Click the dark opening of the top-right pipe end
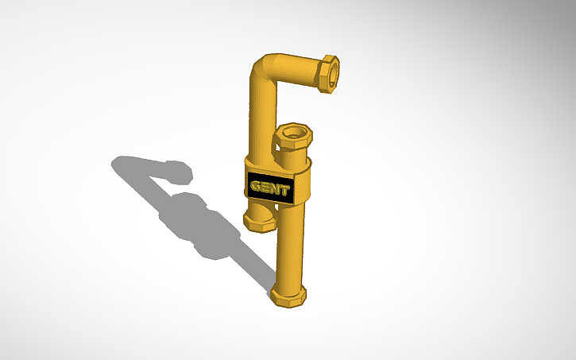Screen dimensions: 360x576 [334, 72]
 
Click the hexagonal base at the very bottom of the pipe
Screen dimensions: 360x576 [288, 296]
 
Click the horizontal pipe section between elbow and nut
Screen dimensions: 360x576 [298, 70]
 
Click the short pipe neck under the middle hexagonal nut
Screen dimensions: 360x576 [289, 158]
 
